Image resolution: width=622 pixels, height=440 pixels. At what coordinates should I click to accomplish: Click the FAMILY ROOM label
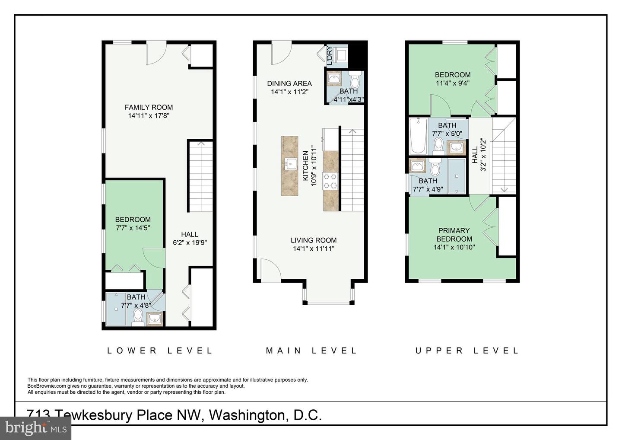[x=149, y=107]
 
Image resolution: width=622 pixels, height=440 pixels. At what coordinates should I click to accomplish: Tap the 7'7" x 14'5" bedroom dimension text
[x=133, y=228]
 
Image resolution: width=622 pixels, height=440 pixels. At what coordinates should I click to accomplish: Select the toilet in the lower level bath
[x=137, y=318]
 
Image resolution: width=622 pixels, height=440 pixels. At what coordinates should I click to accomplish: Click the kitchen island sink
[x=290, y=164]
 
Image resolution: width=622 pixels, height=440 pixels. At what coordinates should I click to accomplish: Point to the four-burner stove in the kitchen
[x=330, y=181]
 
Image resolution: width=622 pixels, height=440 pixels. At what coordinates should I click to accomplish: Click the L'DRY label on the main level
[x=329, y=56]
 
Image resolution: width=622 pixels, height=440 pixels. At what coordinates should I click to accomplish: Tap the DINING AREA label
[x=289, y=83]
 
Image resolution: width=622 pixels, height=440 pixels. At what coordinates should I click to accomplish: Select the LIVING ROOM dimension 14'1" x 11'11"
[x=314, y=249]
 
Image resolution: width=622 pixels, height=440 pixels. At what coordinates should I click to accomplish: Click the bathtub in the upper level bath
[x=418, y=136]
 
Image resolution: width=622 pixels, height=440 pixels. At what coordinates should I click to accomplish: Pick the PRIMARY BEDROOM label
[x=454, y=235]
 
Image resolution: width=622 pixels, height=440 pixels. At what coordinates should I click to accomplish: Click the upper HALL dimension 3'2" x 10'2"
[x=483, y=155]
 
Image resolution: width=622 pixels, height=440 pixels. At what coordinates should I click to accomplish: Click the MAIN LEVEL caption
[x=311, y=351]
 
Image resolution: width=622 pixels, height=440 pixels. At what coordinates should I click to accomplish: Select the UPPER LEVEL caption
[x=467, y=351]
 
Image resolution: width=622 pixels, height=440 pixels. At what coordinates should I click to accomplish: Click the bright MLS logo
[x=35, y=428]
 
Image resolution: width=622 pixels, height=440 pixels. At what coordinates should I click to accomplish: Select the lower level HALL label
[x=190, y=234]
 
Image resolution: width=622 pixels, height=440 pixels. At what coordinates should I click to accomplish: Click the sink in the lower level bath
[x=154, y=319]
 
